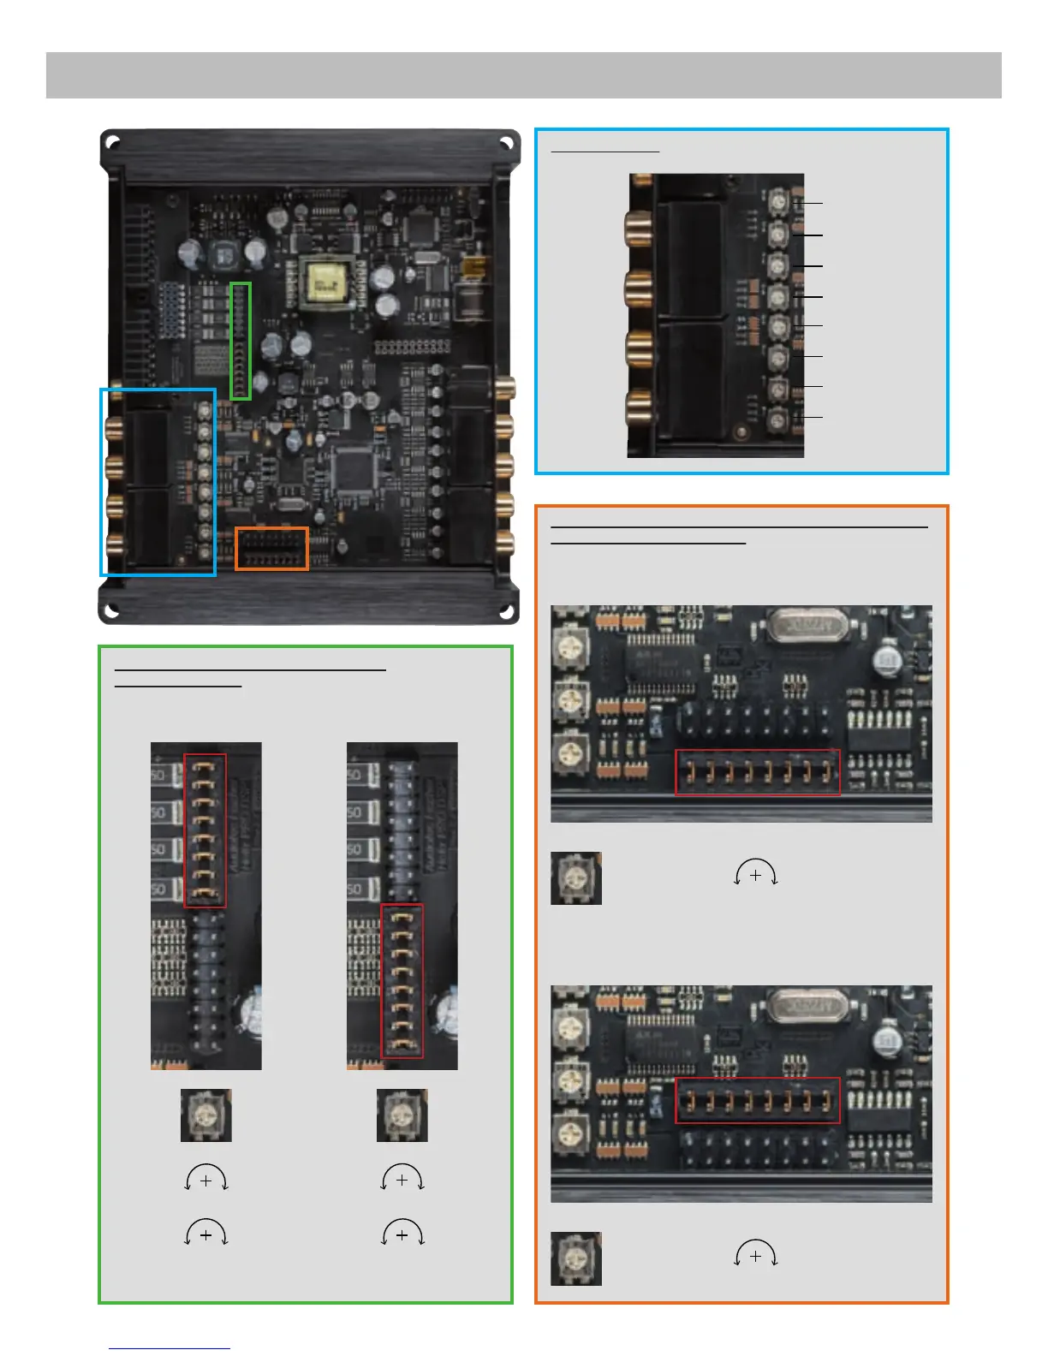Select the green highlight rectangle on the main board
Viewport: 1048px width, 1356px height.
[241, 341]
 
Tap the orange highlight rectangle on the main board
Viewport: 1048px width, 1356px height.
[271, 549]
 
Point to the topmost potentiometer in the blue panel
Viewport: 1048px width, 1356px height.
[778, 203]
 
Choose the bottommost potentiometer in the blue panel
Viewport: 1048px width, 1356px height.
[778, 419]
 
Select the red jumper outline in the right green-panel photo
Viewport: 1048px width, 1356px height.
[402, 981]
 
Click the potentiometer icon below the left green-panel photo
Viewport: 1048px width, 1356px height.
[205, 1115]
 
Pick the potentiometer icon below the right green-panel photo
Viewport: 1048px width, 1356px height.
[402, 1115]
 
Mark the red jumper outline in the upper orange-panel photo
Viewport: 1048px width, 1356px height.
[758, 773]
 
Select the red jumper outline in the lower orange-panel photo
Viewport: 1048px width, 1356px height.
[758, 1101]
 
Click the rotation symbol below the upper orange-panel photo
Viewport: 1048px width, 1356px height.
[755, 875]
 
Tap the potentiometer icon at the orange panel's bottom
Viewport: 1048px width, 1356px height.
[576, 1258]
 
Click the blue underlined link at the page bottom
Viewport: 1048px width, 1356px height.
[170, 1348]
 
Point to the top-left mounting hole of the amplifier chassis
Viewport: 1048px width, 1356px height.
[112, 141]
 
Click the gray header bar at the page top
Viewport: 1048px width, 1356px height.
[523, 75]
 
